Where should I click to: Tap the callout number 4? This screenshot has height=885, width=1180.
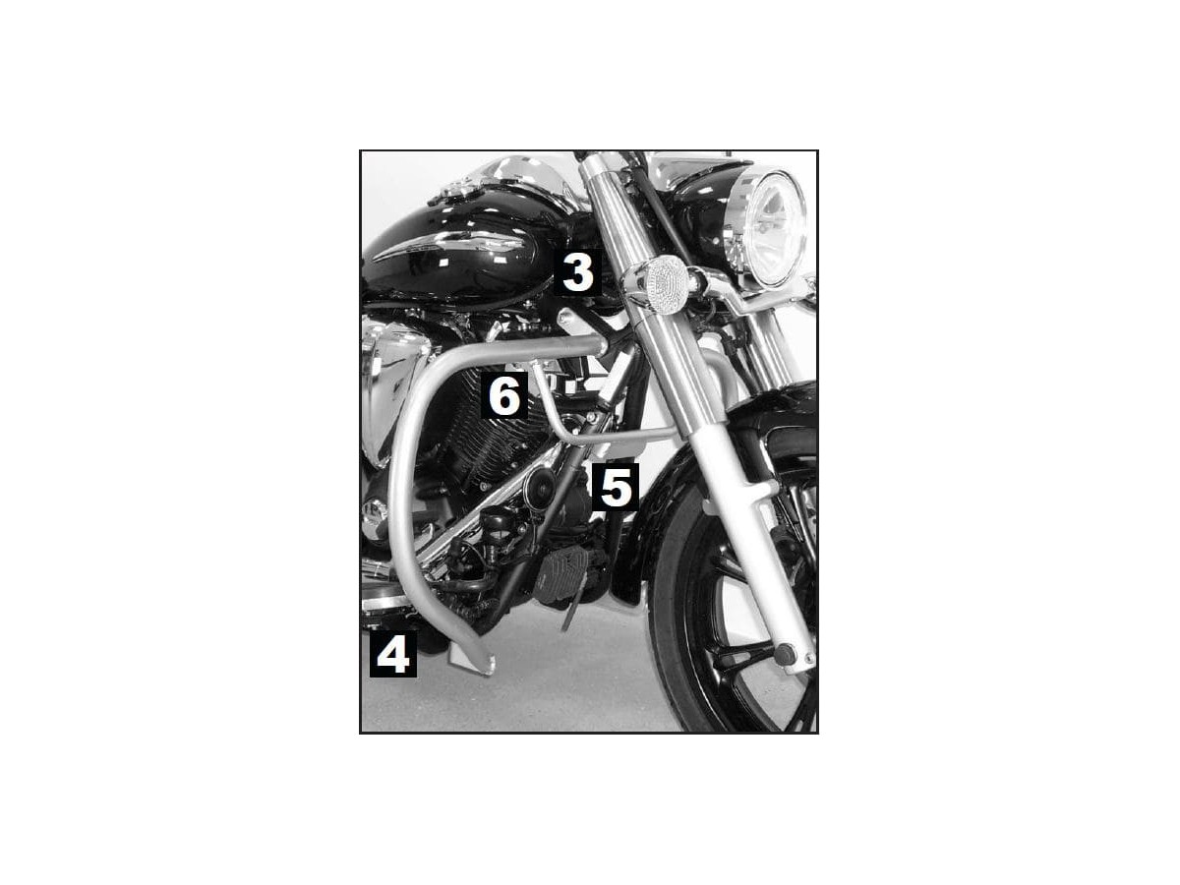tap(393, 654)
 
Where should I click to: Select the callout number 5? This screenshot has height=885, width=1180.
tap(615, 487)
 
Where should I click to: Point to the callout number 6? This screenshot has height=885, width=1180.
tap(503, 396)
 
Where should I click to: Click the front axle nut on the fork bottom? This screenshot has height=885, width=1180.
tap(785, 654)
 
